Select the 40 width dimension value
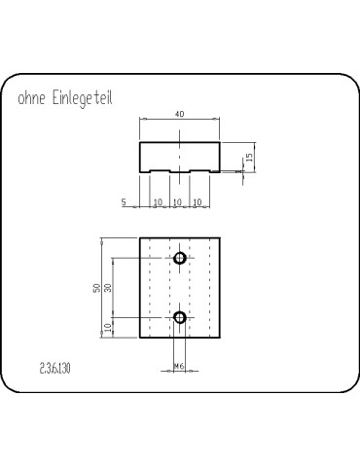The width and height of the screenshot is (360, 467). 179,114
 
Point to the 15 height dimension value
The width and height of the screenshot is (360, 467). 249,157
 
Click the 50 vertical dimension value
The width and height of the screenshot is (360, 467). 95,289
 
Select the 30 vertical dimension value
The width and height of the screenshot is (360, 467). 108,289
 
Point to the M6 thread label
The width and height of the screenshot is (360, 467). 179,366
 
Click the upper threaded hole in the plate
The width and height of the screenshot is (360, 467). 180,258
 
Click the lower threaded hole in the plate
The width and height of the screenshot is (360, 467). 180,317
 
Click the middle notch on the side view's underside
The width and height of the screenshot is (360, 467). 179,173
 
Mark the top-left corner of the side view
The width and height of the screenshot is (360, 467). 140,142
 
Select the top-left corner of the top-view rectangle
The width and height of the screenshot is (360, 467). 140,237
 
